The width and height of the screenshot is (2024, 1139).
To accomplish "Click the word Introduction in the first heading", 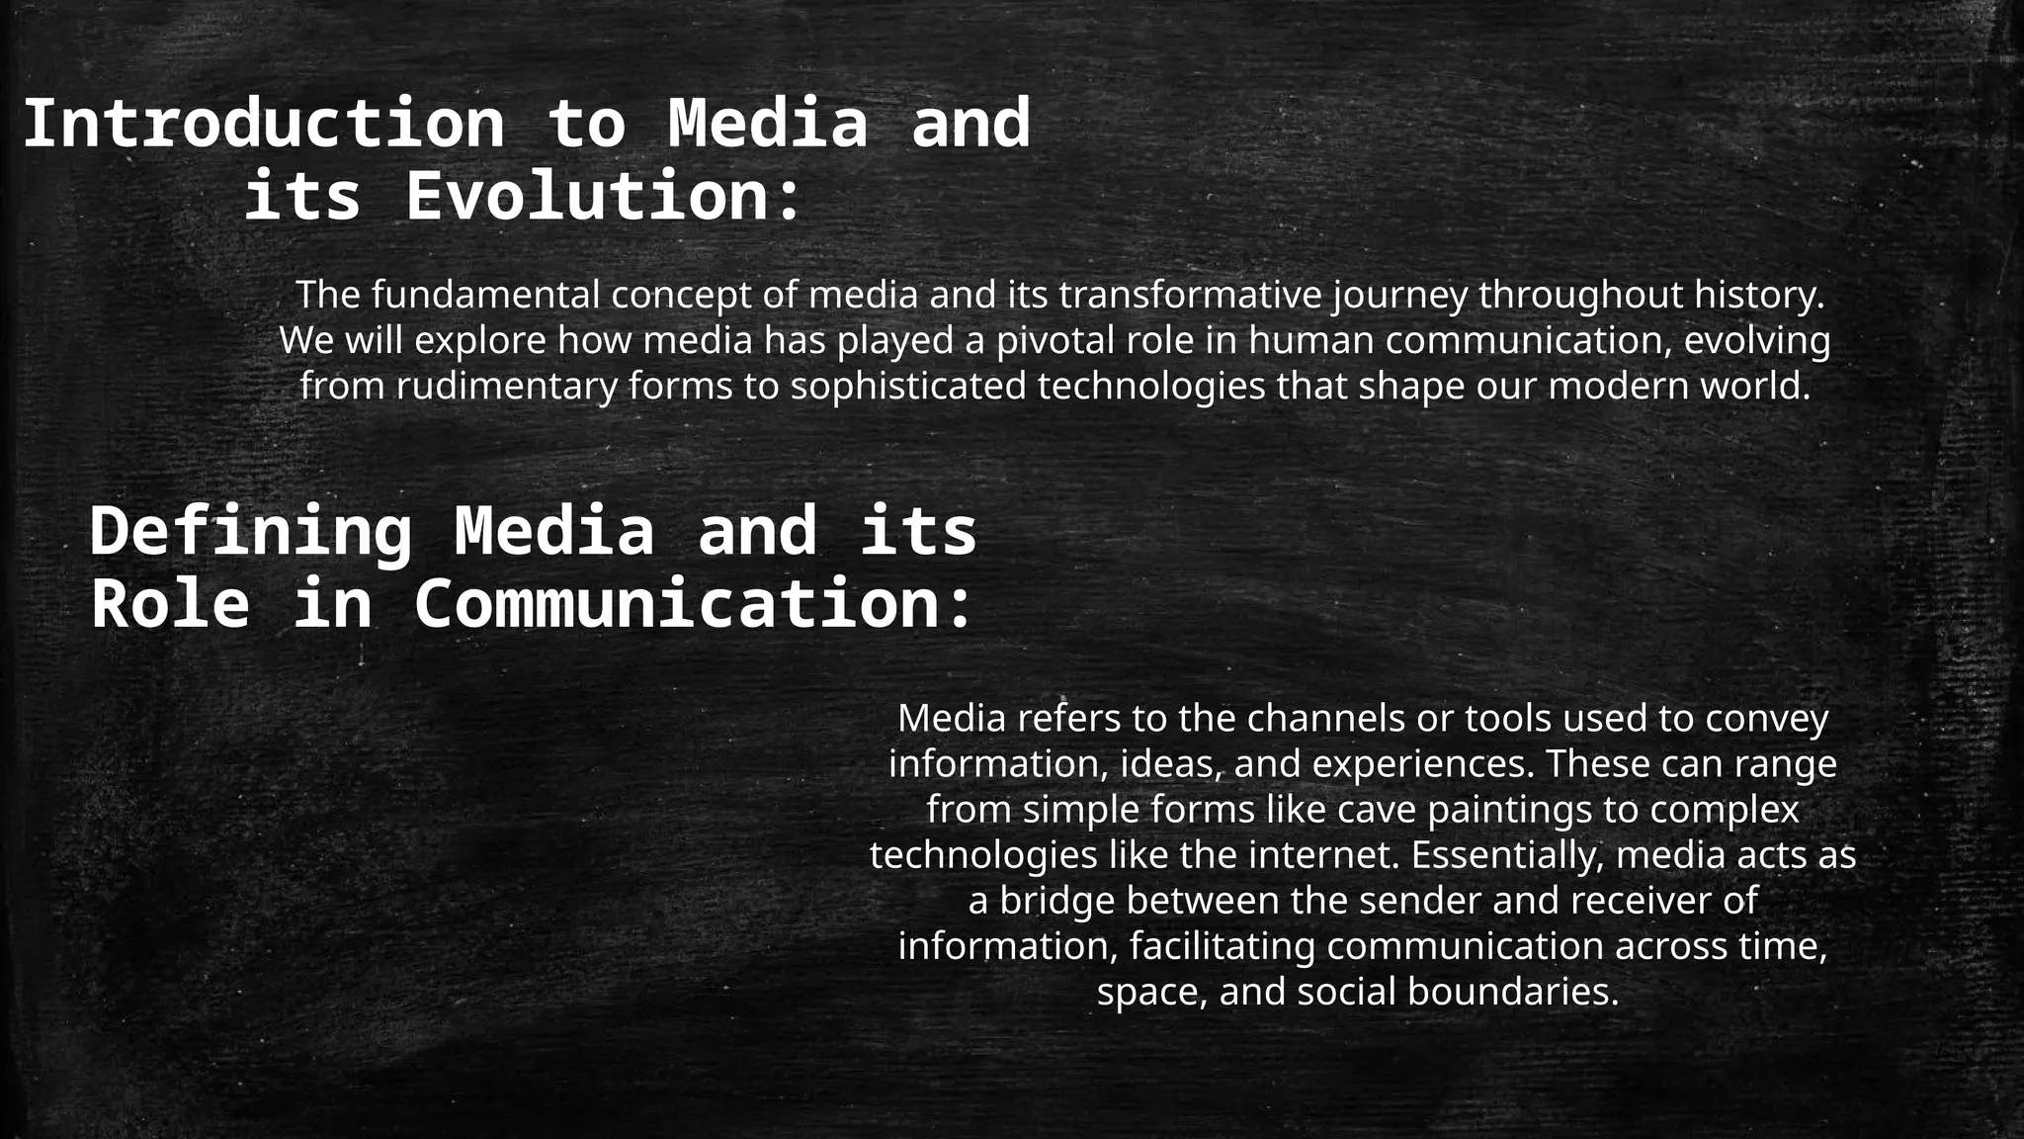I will [x=263, y=125].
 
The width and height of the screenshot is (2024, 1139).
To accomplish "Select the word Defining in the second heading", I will [x=250, y=532].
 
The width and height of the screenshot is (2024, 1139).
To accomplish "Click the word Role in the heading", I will [x=170, y=604].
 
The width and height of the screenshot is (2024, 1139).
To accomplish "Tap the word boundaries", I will [x=1512, y=992].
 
